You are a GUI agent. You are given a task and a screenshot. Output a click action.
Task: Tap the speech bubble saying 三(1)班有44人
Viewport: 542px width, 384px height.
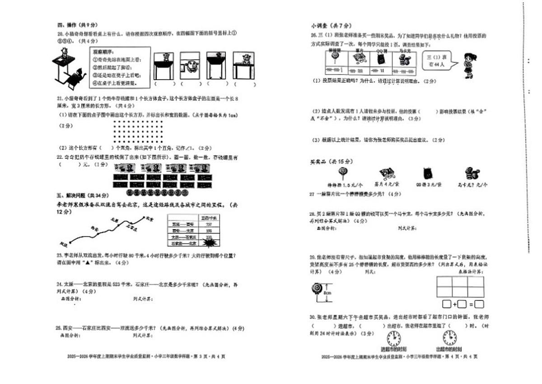click(x=435, y=60)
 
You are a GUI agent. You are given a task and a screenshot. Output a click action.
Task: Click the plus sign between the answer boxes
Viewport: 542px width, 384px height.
click(x=455, y=304)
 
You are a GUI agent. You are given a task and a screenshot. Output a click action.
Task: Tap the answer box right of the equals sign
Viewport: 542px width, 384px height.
click(x=479, y=304)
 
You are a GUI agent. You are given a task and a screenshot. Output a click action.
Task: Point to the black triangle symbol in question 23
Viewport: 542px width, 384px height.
click(x=88, y=262)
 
